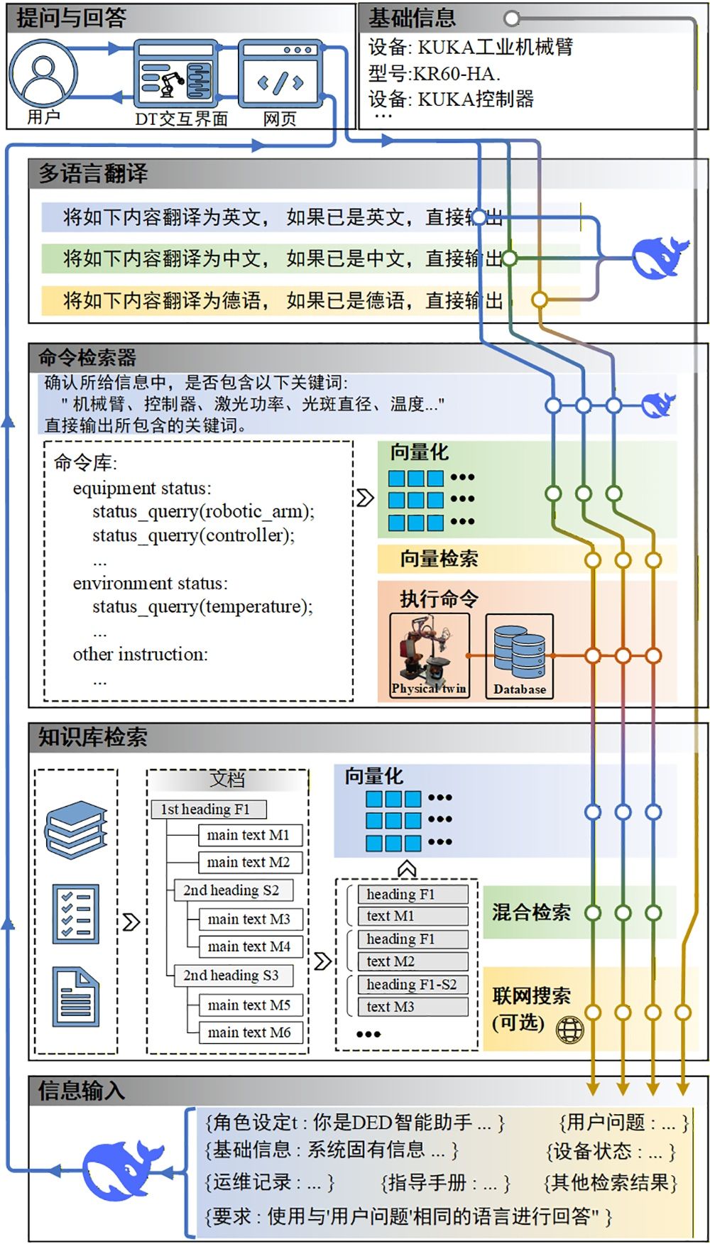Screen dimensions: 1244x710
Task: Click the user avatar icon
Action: point(43,73)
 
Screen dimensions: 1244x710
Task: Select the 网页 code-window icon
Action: point(280,74)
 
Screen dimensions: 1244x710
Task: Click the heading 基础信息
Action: point(412,18)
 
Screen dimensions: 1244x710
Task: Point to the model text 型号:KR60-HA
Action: point(434,73)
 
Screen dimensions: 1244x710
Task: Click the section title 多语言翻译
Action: point(93,173)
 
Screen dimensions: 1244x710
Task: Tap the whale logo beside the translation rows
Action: point(659,257)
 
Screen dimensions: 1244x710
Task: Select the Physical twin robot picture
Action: point(430,655)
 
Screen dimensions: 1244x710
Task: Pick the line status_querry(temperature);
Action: point(202,607)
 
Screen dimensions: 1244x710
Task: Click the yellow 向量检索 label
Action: point(439,559)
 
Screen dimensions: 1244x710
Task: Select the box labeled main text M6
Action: point(249,1032)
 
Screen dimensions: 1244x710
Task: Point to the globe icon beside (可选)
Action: point(569,1029)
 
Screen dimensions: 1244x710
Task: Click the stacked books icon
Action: point(76,830)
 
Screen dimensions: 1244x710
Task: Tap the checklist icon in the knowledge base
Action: point(75,913)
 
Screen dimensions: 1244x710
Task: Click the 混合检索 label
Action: point(531,912)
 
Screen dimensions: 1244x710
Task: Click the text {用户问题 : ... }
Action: point(623,1123)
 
